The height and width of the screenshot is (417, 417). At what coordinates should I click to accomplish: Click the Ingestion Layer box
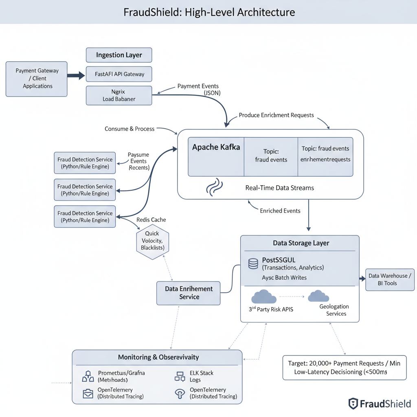119,55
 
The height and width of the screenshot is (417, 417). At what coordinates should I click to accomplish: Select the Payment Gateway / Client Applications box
37,79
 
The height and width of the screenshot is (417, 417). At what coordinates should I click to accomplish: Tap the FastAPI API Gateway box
119,74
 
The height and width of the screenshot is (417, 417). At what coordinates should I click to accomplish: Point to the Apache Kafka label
216,147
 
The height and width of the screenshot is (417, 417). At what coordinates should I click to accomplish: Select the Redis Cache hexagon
152,241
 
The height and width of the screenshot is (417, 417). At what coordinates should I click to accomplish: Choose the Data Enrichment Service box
189,293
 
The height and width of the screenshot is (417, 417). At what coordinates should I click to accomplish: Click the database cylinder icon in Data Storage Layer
253,263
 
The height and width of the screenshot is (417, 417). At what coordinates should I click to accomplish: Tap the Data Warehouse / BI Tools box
390,279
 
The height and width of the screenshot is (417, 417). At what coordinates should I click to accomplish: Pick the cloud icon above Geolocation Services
318,296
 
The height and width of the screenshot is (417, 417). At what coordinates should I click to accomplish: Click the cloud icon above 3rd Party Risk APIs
264,296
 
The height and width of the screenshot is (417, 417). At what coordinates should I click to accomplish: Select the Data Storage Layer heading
301,243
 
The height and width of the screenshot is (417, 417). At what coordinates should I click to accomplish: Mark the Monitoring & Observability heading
158,357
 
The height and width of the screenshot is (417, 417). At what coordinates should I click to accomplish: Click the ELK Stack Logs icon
180,376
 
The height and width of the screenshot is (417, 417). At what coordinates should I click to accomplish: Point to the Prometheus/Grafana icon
88,376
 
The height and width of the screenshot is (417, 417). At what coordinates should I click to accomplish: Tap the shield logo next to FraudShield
353,404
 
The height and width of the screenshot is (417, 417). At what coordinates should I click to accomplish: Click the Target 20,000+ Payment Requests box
344,367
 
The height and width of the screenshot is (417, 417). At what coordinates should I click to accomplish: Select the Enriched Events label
280,211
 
